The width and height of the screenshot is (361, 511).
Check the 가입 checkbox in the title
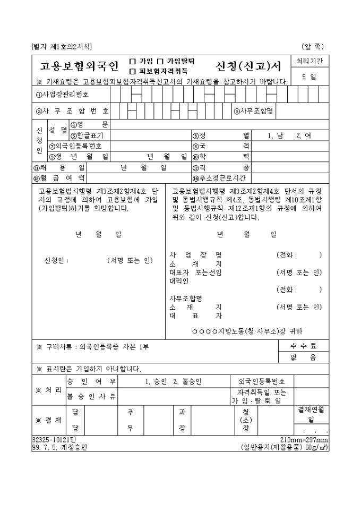pyautogui.click(x=132, y=62)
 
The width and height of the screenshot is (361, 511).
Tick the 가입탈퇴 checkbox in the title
pyautogui.click(x=159, y=62)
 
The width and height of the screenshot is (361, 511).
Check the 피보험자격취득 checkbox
pyautogui.click(x=132, y=71)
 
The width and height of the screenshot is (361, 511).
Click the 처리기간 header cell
pyautogui.click(x=309, y=62)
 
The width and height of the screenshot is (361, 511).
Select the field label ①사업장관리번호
pyautogui.click(x=62, y=95)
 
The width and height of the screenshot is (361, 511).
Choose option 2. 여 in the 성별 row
pyautogui.click(x=304, y=135)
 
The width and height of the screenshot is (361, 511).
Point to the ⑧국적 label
pyautogui.click(x=221, y=146)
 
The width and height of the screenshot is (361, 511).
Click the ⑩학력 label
pyautogui.click(x=221, y=156)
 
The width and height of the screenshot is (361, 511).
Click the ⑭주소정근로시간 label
pyautogui.click(x=222, y=178)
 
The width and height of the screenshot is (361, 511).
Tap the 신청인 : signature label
pyautogui.click(x=57, y=260)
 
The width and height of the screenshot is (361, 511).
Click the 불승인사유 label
pyautogui.click(x=91, y=396)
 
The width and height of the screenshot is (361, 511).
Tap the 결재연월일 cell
pyautogui.click(x=311, y=413)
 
